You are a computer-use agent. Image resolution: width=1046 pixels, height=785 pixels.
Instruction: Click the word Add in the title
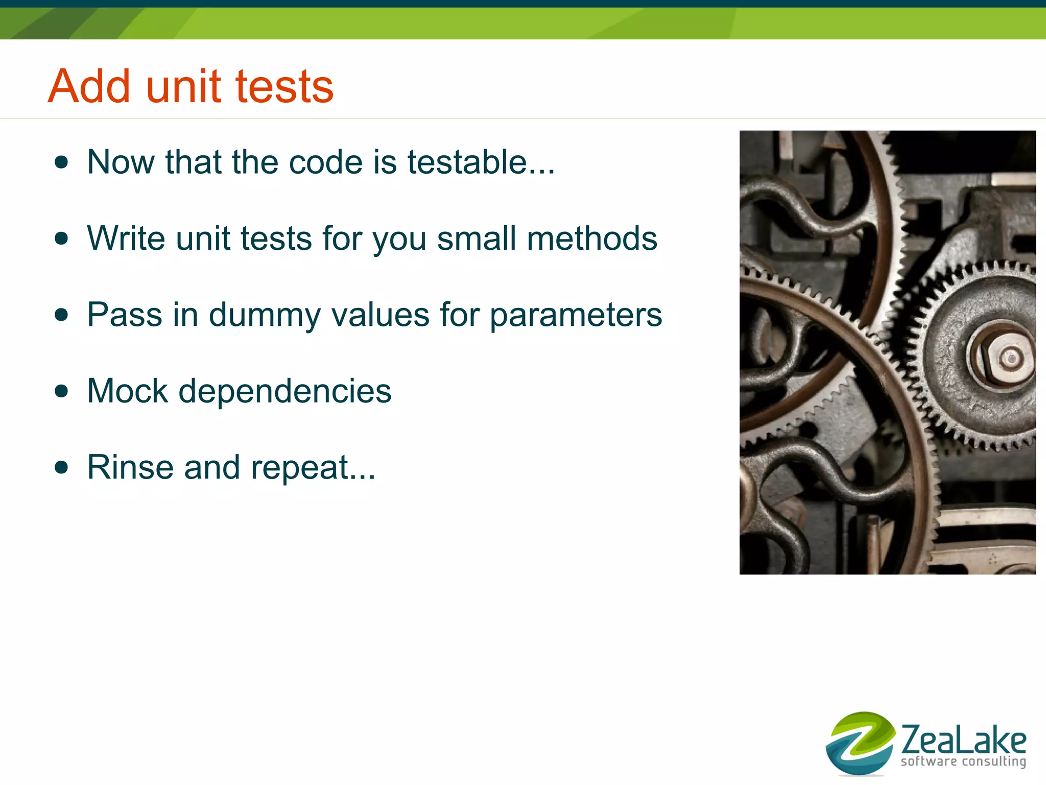(x=89, y=86)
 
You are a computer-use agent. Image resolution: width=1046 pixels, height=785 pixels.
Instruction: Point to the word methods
(x=592, y=239)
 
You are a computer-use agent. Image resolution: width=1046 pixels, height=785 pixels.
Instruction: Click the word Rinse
(x=130, y=467)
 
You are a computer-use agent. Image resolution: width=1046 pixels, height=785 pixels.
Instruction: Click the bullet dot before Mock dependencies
(x=61, y=391)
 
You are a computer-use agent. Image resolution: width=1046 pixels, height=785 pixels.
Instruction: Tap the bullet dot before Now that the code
(x=61, y=162)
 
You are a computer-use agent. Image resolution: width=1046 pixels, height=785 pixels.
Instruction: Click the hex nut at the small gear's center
(x=1004, y=357)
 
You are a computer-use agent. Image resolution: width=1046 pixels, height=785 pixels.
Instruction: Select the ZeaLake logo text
(x=963, y=740)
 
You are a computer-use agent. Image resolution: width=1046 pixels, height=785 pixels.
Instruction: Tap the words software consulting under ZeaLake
(x=963, y=762)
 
